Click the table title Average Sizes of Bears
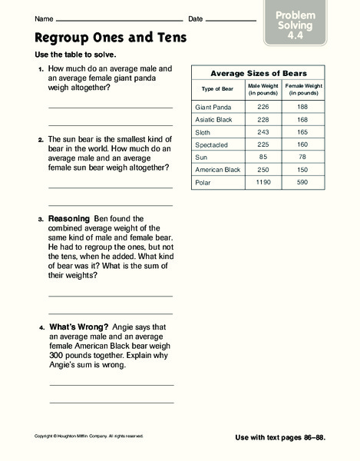[259, 73]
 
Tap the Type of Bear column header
[217, 89]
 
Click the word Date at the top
[196, 18]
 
